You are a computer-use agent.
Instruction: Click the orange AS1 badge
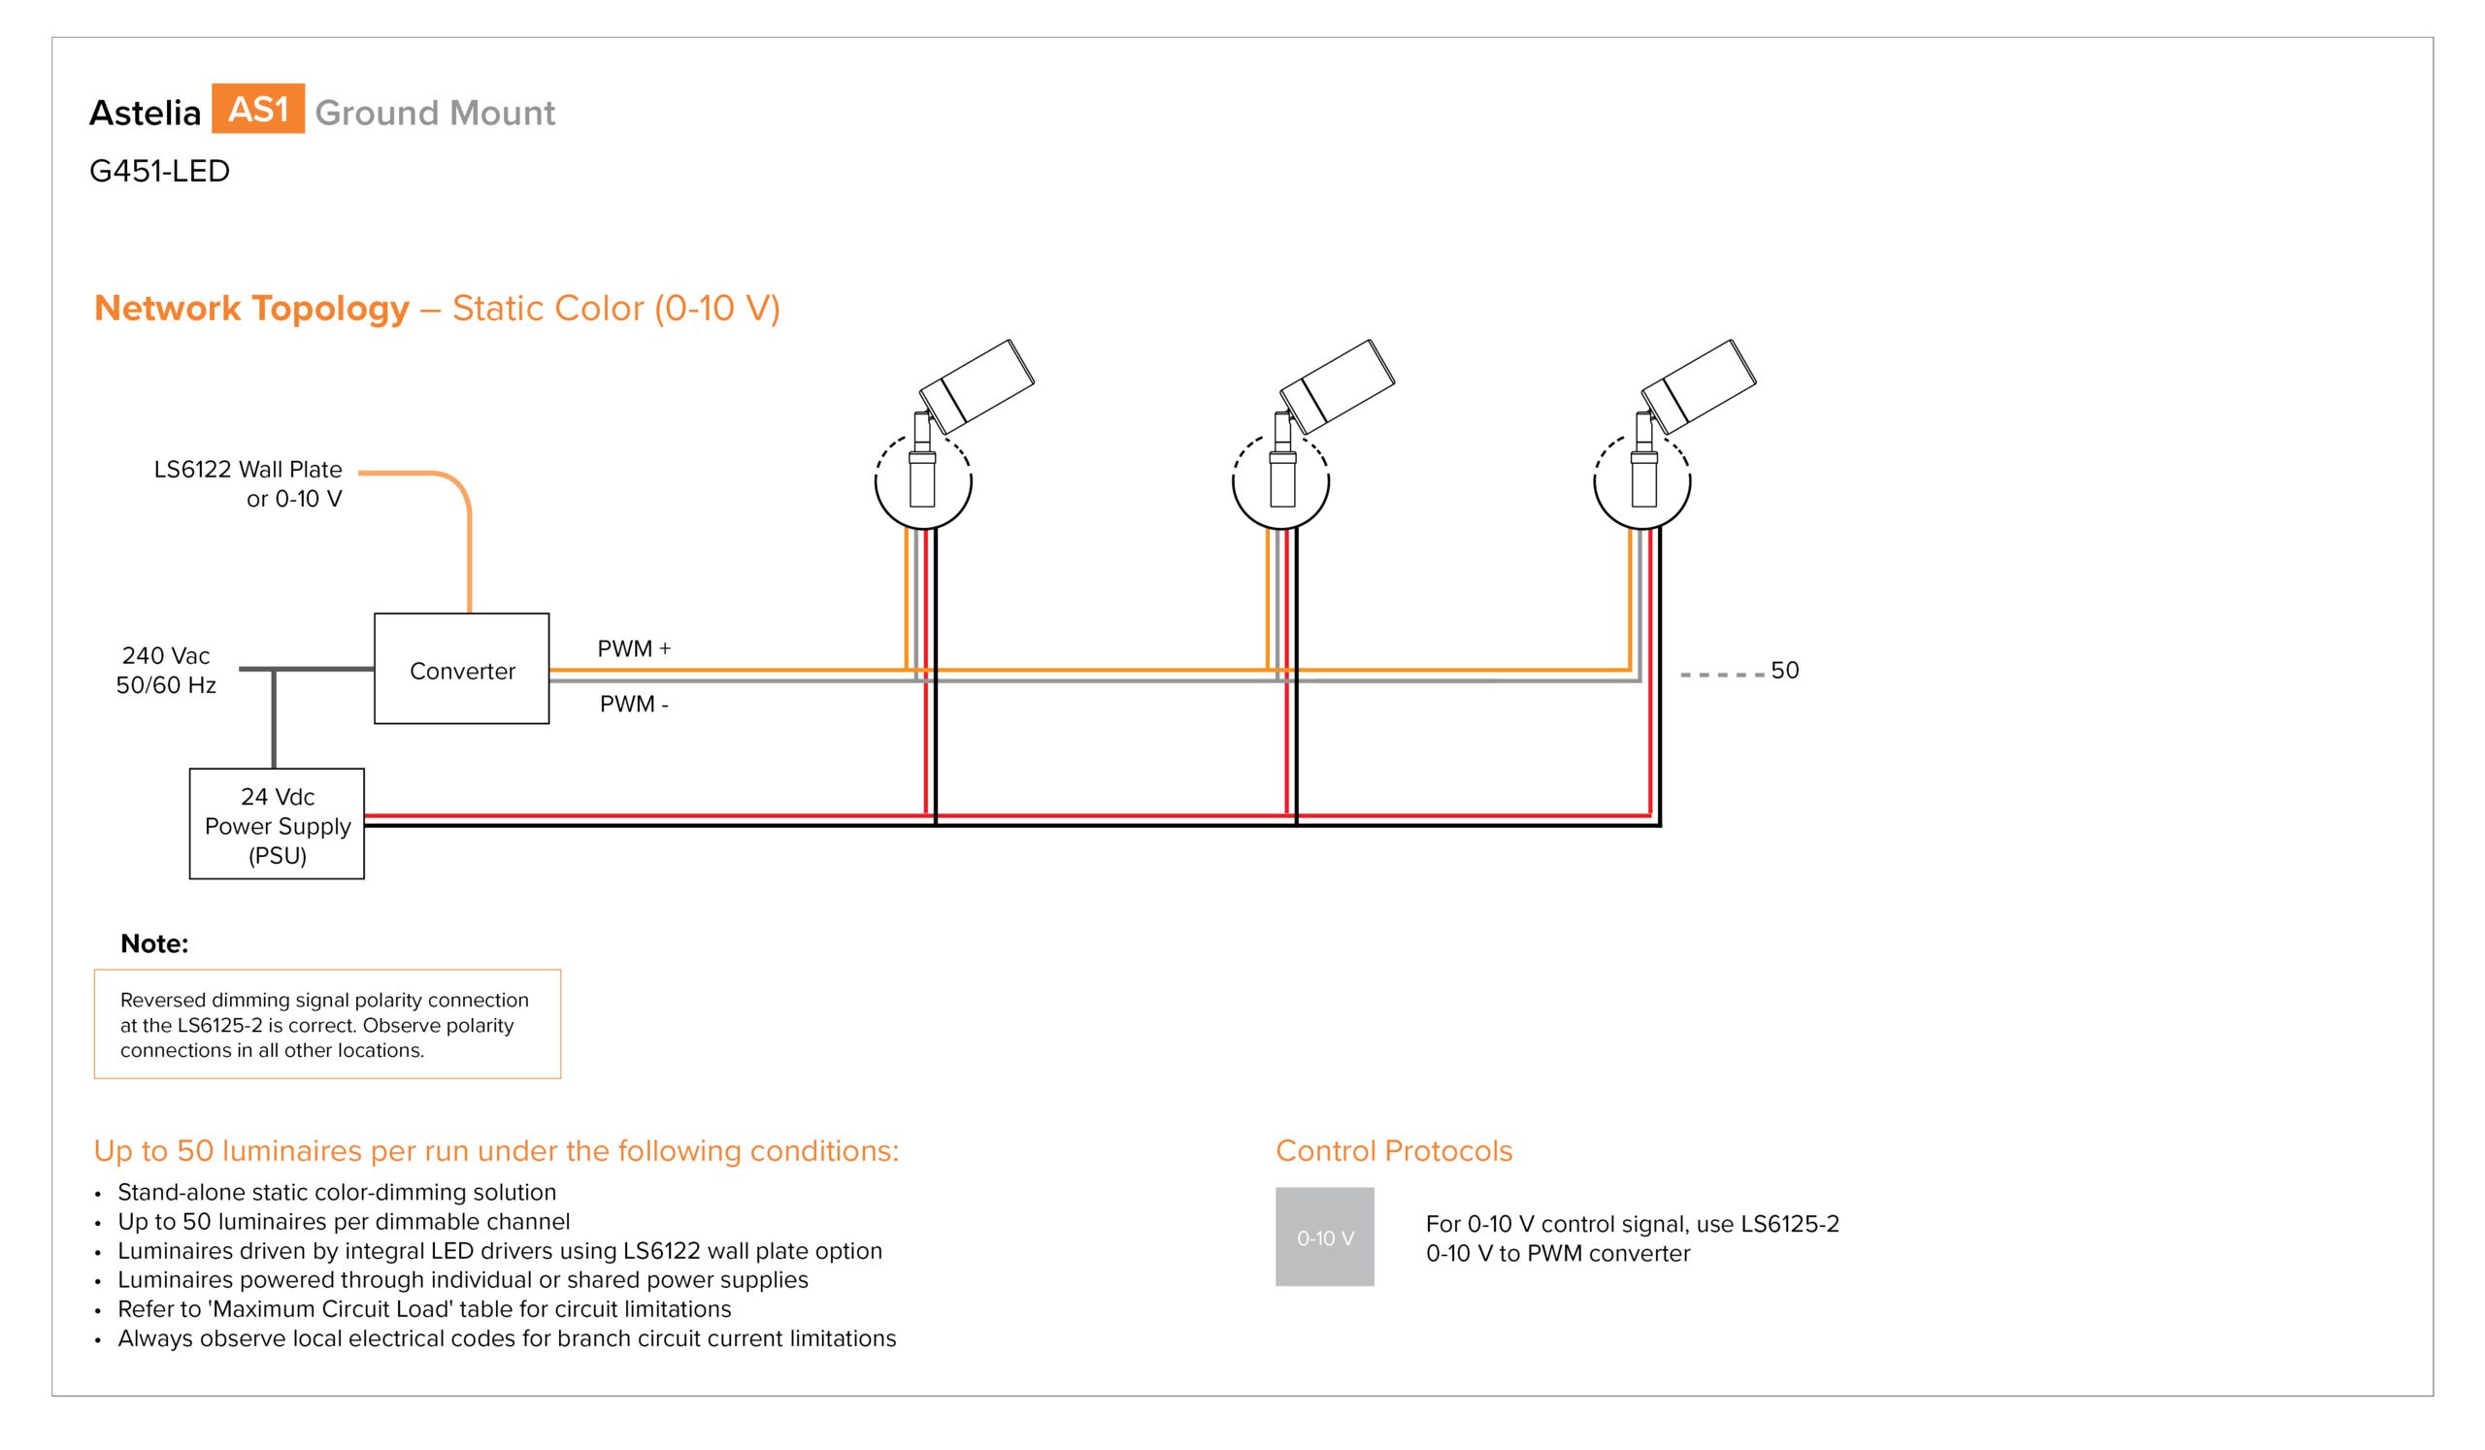click(x=257, y=109)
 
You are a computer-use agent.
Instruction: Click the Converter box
click(x=461, y=669)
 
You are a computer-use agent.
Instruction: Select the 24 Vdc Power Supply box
click(x=277, y=824)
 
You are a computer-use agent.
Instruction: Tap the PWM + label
click(x=634, y=648)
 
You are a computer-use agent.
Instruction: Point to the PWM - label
click(x=634, y=704)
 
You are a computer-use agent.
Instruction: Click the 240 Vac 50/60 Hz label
click(x=166, y=671)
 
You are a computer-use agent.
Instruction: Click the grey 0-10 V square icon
click(x=1324, y=1236)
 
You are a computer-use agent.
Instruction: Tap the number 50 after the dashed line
click(x=1785, y=671)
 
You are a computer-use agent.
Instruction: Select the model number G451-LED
click(x=160, y=171)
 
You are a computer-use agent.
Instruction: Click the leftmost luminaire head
click(x=977, y=386)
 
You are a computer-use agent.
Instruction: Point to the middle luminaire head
click(x=1338, y=386)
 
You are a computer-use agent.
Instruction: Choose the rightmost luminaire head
click(x=1698, y=386)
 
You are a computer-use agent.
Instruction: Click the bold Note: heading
click(x=153, y=943)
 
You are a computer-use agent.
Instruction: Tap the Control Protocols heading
click(x=1393, y=1150)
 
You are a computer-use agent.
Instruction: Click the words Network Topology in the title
click(x=251, y=308)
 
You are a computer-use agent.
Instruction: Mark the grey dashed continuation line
click(x=1723, y=675)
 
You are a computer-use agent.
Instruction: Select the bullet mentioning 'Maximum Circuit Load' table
click(x=424, y=1309)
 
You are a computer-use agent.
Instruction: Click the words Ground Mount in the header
click(x=435, y=113)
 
